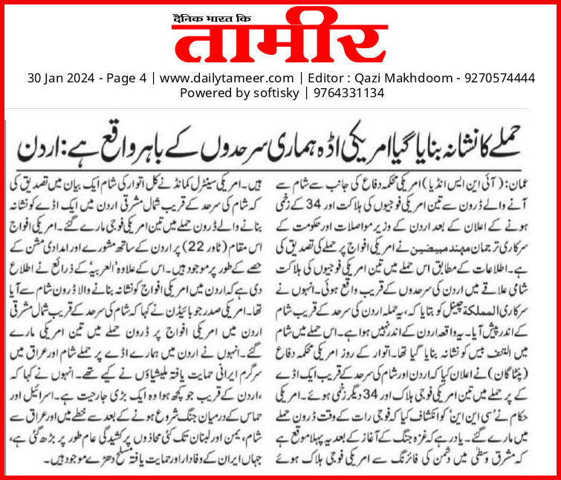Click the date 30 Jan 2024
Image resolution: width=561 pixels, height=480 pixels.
click(59, 77)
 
